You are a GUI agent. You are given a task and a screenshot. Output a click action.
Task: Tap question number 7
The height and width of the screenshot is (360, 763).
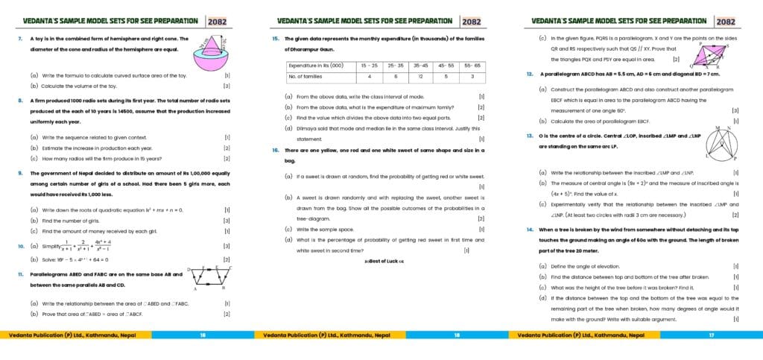pos(19,39)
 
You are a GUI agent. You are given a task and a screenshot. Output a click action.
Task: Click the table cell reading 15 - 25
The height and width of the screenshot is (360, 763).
pos(368,66)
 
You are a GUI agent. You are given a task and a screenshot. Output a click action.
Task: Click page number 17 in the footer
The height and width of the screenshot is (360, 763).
pos(712,335)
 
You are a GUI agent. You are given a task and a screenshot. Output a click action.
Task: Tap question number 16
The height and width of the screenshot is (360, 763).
pos(275,151)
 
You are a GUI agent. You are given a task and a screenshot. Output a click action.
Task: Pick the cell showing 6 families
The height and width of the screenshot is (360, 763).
pos(395,76)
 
